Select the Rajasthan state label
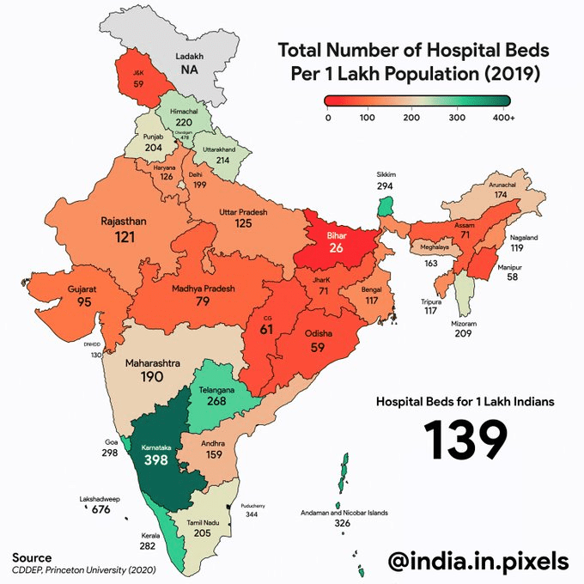(x=124, y=221)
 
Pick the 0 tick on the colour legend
(x=328, y=117)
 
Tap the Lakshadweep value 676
(x=101, y=509)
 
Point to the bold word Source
(x=32, y=557)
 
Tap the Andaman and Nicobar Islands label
(x=344, y=513)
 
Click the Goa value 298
(x=107, y=452)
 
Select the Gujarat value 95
(x=82, y=302)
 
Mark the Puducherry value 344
(x=252, y=514)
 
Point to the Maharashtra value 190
(x=152, y=377)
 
